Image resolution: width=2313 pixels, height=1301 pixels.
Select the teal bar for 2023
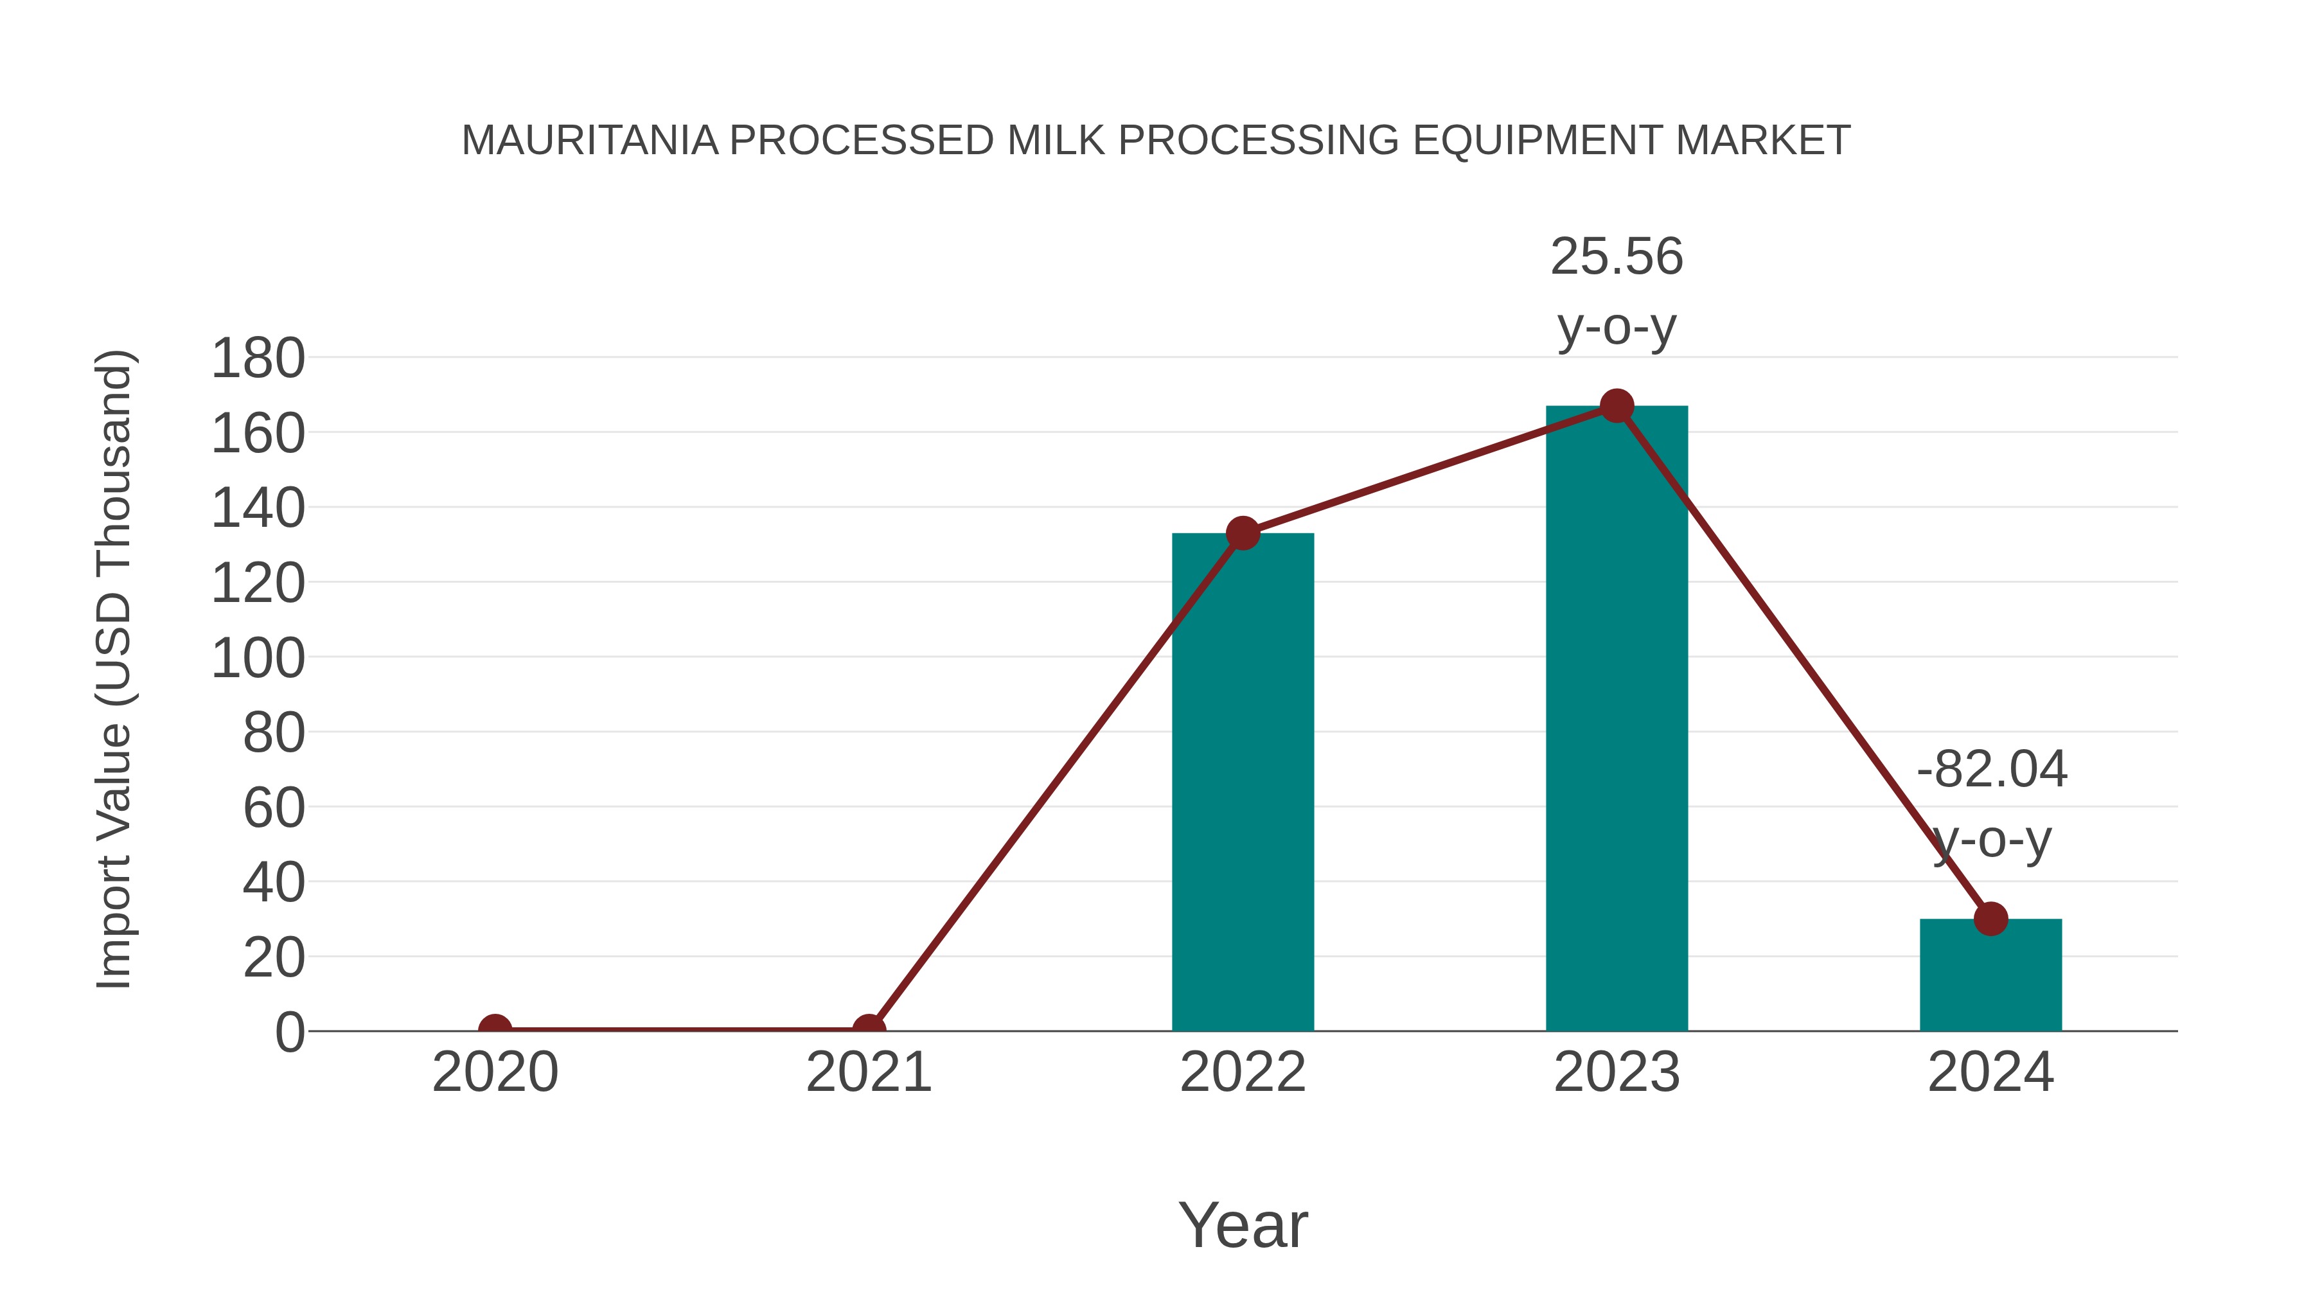coord(1617,718)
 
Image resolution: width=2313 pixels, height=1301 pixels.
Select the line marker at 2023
coord(1617,406)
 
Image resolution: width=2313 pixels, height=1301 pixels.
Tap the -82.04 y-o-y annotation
coord(1992,804)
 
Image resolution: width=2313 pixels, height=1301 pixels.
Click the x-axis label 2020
coord(495,1072)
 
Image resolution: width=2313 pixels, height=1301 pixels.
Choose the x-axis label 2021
coord(868,1072)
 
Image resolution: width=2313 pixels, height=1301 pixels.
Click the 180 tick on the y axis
coord(258,358)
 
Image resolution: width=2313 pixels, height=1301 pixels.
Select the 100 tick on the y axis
coord(258,658)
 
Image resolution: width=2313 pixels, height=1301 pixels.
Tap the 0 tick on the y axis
coord(290,1032)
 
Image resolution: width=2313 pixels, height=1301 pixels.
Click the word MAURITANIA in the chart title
coord(590,141)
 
